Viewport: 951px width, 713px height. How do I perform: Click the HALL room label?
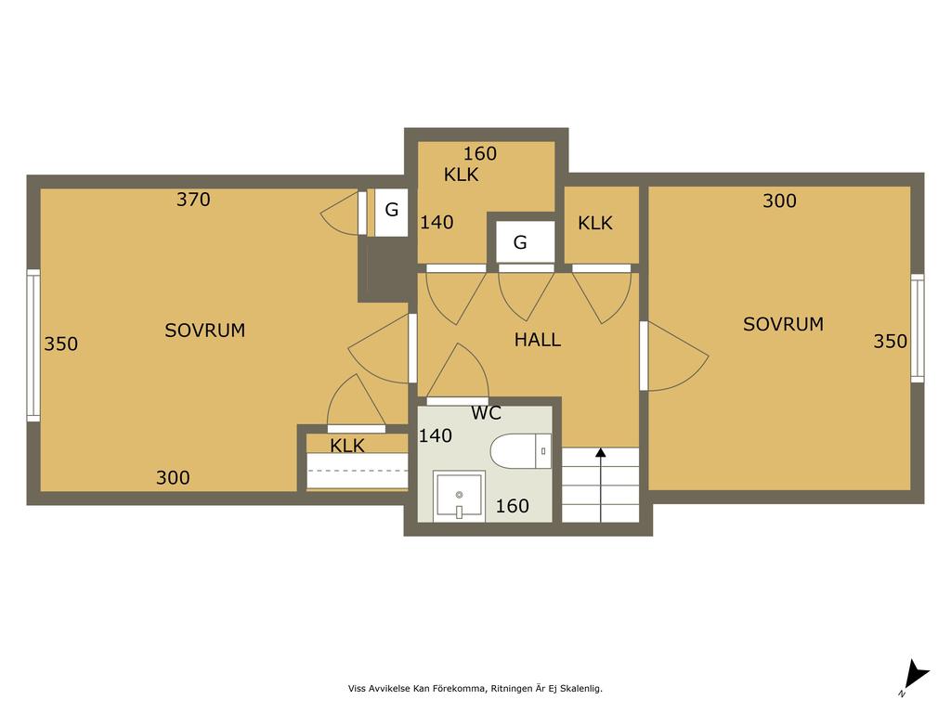tap(538, 340)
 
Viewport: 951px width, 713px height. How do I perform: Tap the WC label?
tap(486, 413)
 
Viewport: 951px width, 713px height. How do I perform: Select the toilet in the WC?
tap(520, 451)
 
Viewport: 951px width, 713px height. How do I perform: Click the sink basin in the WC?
tap(459, 496)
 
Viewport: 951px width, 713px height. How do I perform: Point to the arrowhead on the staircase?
tap(601, 452)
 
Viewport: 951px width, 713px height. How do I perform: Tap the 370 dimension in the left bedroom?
tap(193, 200)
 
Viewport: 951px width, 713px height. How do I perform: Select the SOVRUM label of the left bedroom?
tap(205, 331)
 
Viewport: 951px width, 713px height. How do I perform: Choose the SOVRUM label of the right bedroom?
tap(783, 324)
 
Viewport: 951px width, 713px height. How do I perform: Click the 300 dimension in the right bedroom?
tap(779, 201)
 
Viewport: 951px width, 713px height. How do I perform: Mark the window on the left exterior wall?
tap(33, 345)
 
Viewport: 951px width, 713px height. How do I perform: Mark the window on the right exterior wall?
tap(918, 328)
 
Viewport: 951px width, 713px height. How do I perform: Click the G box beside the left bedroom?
tap(391, 212)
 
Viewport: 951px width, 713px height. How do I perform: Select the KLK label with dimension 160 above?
tap(461, 175)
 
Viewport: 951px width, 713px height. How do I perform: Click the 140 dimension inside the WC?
tap(436, 435)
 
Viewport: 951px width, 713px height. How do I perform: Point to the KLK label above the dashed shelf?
tap(347, 446)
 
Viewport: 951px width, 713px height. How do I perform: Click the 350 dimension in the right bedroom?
tap(891, 342)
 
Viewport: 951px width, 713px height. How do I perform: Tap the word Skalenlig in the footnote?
tap(581, 689)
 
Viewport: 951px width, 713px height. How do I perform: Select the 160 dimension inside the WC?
tap(513, 506)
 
